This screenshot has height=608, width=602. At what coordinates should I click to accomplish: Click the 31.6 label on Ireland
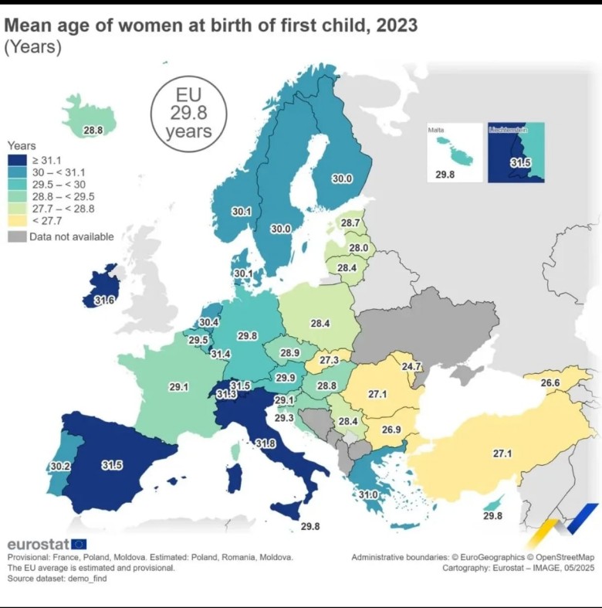pos(104,300)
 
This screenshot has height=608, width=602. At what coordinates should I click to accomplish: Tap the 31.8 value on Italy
pos(265,443)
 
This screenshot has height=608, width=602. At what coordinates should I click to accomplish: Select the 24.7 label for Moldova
pos(411,366)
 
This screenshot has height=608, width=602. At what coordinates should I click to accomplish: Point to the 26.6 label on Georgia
pos(550,382)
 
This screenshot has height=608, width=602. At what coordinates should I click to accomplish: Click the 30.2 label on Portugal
pos(60,467)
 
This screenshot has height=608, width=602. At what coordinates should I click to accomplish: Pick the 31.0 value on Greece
pos(368,495)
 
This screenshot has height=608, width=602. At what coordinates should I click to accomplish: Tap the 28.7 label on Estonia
pos(350,223)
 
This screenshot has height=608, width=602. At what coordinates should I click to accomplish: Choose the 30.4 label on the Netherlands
pos(209,322)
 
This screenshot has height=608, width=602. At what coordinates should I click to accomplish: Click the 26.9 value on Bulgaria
pos(392,430)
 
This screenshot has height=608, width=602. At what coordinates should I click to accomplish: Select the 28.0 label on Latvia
pos(358,248)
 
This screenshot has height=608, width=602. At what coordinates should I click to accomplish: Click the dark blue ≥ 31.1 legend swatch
pos(17,160)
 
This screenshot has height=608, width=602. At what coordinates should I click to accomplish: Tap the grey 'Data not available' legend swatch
pos(17,236)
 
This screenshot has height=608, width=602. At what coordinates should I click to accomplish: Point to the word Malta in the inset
pos(437,130)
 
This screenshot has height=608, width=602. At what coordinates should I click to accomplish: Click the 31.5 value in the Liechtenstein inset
pos(521,163)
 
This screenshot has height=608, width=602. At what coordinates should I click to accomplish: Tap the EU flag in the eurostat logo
pos(79,544)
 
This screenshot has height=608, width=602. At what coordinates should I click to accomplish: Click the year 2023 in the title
pos(393,25)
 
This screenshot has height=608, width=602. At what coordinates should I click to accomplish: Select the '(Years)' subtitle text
pos(33,46)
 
